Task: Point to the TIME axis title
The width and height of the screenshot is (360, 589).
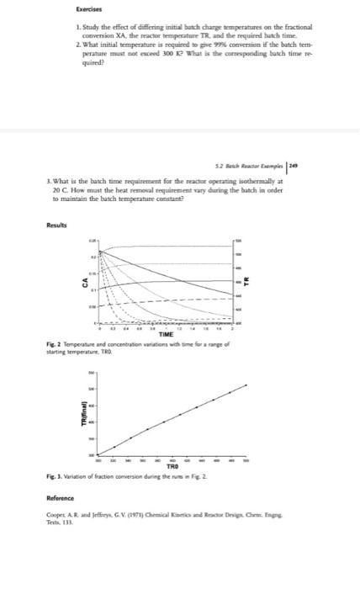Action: [166, 335]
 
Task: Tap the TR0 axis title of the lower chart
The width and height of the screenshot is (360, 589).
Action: [172, 468]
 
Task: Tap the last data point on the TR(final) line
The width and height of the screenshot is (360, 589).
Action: [246, 385]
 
